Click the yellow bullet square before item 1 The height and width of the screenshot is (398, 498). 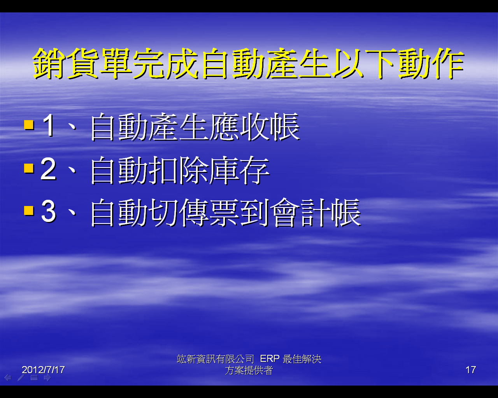click(x=29, y=125)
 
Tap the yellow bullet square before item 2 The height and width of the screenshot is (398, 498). click(x=29, y=168)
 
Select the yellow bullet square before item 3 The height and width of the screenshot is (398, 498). click(x=29, y=210)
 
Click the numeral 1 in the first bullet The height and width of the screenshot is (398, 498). click(x=49, y=125)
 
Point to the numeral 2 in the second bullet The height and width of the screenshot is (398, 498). click(x=48, y=168)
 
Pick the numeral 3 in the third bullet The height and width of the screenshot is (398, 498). click(x=49, y=211)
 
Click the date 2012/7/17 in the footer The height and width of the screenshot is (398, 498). click(x=43, y=370)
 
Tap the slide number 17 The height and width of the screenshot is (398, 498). click(x=471, y=370)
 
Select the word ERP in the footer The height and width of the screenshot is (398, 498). click(x=270, y=359)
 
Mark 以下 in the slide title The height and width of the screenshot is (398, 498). click(x=365, y=63)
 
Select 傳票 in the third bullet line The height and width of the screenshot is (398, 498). click(x=210, y=212)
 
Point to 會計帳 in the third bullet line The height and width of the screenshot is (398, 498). click(x=316, y=212)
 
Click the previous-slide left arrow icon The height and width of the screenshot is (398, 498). click(x=8, y=378)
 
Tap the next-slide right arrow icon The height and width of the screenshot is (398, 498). click(x=47, y=378)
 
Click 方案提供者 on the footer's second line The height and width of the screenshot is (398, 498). click(x=249, y=370)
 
